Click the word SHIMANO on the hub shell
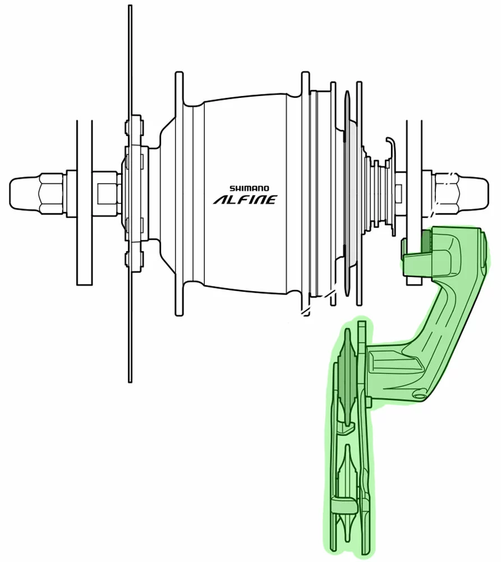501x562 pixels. pos(249,189)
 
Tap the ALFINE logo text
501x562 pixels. pos(245,200)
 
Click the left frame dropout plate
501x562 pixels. pos(84,202)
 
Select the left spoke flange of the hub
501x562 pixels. pos(180,191)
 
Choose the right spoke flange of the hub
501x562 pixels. pos(306,191)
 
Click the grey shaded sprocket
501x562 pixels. pos(346,197)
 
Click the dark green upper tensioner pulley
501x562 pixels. pos(344,388)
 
